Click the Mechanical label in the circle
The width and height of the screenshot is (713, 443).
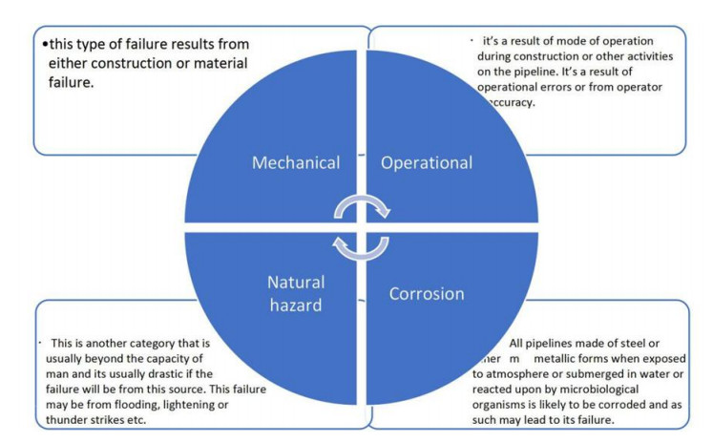295,162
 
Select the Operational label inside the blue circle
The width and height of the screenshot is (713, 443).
426,162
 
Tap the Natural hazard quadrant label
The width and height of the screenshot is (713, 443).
295,292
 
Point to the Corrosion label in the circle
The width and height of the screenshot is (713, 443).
426,294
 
